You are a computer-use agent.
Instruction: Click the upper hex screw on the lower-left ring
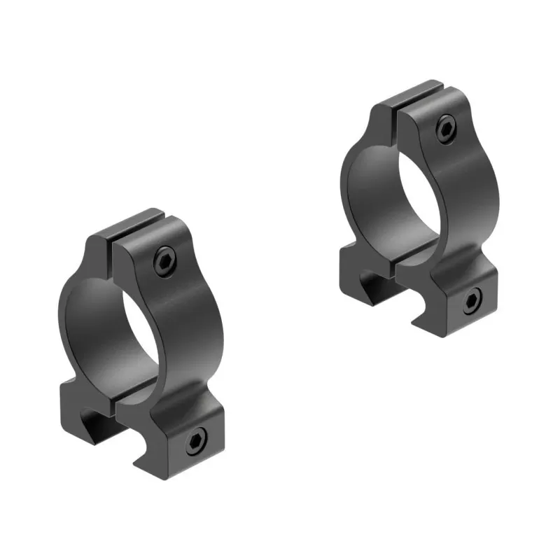(x=165, y=261)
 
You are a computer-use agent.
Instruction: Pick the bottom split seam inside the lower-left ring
(x=115, y=395)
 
